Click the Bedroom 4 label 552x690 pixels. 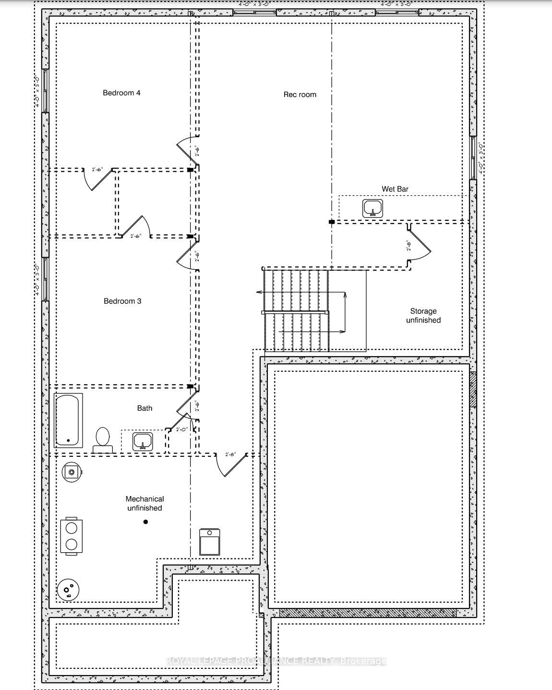(121, 93)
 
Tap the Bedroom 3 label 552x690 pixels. (122, 301)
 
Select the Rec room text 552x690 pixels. (300, 95)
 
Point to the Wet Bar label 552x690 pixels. (395, 189)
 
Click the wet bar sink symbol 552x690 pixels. (372, 208)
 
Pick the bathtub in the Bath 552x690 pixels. (68, 420)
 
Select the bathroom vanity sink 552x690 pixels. (143, 441)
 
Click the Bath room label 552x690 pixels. (144, 408)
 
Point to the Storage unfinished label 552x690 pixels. (423, 316)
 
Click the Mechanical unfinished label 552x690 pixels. (144, 503)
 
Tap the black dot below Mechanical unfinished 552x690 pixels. (145, 522)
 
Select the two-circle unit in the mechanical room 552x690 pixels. (72, 536)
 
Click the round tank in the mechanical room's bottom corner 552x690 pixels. (68, 589)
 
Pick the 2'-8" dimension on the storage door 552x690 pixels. (408, 245)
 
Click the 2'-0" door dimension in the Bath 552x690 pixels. (182, 430)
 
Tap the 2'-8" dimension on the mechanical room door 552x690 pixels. (230, 454)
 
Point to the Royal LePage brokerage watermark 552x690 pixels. (276, 661)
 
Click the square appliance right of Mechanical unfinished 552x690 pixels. (209, 541)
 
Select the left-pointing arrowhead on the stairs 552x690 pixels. (259, 292)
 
